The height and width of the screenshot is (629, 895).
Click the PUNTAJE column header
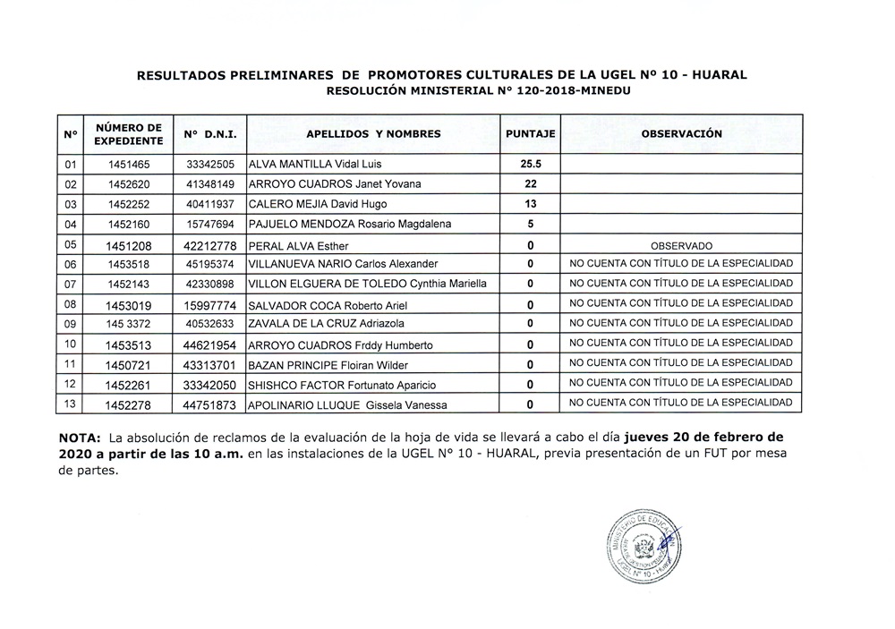[531, 134]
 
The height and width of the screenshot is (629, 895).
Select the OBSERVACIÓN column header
[681, 134]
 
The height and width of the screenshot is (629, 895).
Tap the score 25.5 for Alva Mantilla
[531, 165]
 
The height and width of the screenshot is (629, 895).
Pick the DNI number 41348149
[210, 184]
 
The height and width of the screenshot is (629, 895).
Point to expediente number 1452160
[129, 224]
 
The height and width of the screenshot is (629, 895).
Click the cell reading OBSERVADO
[681, 245]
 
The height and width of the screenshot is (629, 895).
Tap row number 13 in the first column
[70, 403]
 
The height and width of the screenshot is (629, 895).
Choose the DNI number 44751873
[210, 404]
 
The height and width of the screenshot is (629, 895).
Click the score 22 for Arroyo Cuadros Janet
[531, 184]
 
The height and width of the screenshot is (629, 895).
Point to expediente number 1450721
[129, 365]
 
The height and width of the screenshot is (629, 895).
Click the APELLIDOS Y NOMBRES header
[373, 134]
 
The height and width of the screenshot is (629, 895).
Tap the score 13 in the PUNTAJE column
[531, 204]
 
